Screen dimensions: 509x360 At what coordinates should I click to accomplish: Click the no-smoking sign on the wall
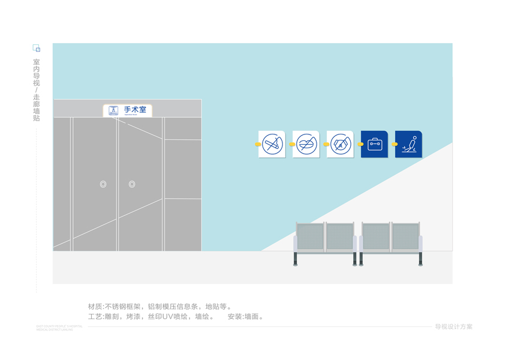tap(272, 144)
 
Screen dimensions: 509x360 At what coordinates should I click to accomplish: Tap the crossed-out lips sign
tap(306, 144)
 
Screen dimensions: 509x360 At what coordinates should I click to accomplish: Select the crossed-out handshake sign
tap(340, 144)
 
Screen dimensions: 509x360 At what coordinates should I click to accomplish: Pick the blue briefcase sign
tap(374, 144)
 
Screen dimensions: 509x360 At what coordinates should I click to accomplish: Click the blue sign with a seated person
tap(408, 144)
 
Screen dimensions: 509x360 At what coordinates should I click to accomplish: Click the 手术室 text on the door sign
tap(135, 110)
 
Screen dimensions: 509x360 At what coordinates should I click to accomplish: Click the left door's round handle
tap(103, 184)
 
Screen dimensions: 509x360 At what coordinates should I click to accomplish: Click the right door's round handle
tap(132, 184)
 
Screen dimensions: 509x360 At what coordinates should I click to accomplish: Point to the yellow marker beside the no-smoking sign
tap(258, 145)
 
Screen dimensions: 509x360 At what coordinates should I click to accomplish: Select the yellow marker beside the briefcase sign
tap(360, 145)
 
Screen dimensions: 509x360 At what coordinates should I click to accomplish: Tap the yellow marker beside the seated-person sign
tap(394, 145)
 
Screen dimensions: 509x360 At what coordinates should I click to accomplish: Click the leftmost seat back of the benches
tap(310, 236)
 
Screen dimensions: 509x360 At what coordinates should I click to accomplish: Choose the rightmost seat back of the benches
tap(406, 236)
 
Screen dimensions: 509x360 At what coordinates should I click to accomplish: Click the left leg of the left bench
tap(296, 259)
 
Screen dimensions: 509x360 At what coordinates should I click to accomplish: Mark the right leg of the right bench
tap(420, 259)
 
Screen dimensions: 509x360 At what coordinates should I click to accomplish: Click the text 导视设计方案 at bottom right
tap(453, 327)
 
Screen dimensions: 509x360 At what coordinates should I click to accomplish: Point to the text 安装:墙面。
tap(246, 316)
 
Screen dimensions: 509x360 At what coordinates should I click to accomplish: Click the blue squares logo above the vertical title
tap(36, 48)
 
